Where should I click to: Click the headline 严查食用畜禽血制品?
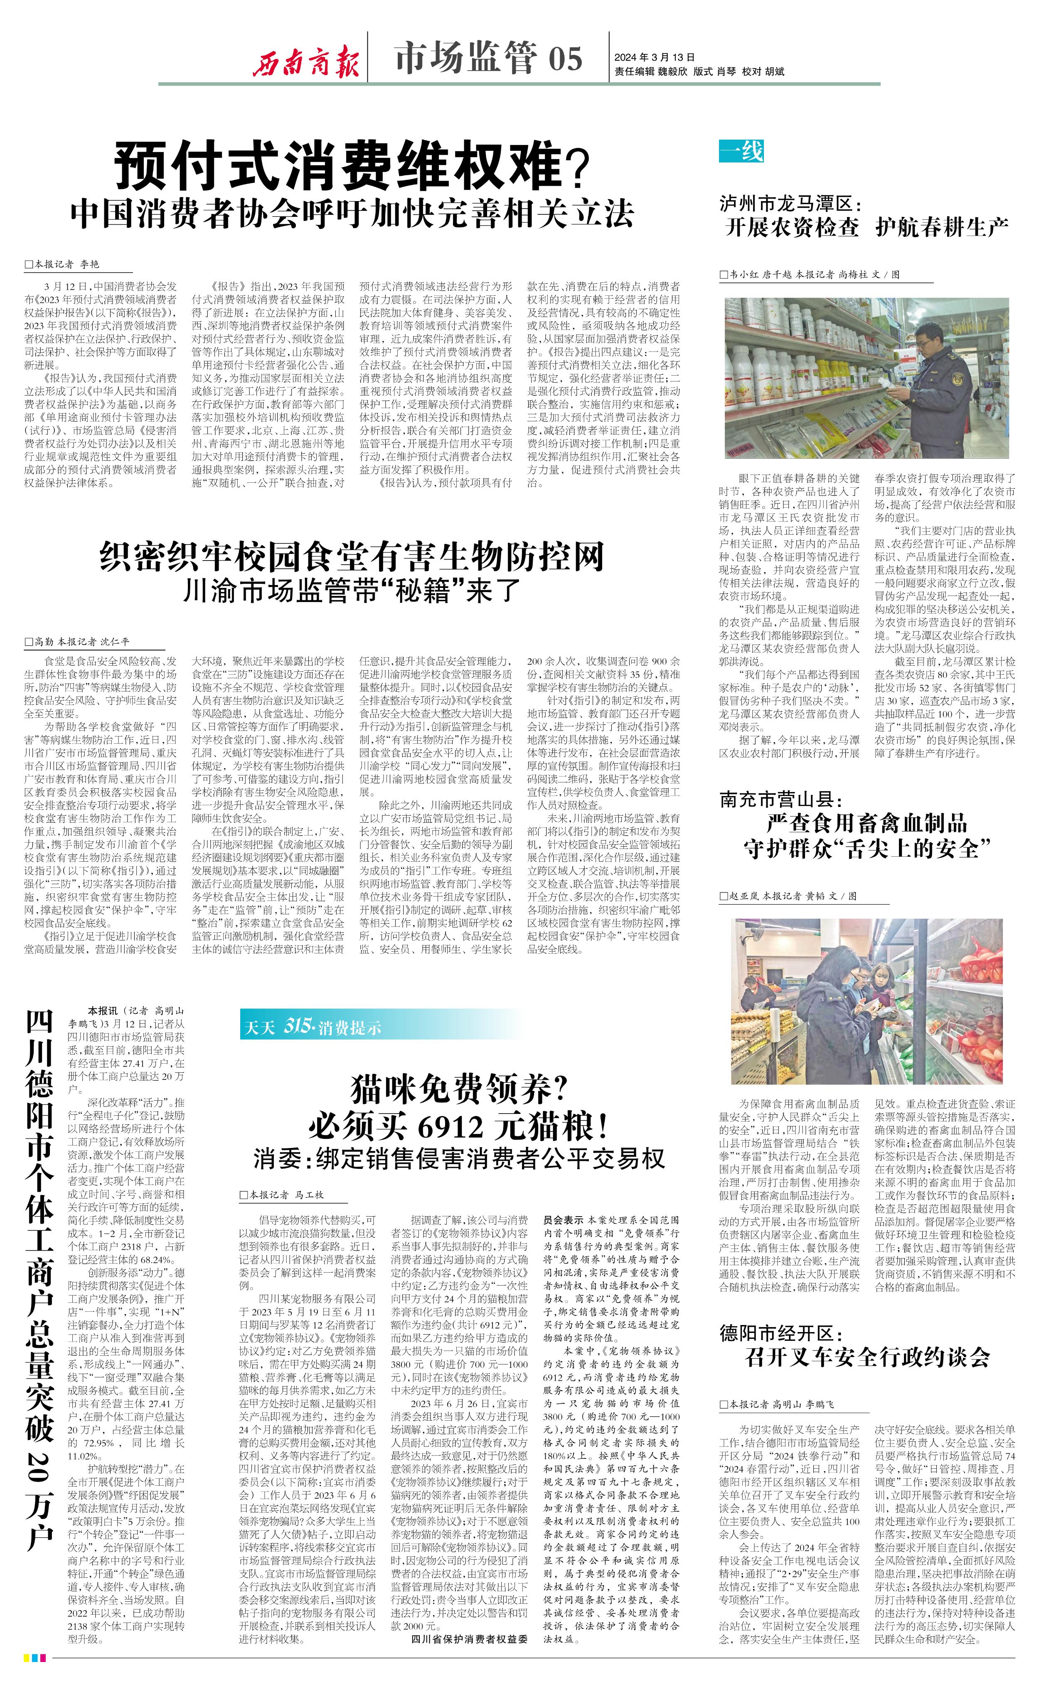[x=867, y=823]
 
